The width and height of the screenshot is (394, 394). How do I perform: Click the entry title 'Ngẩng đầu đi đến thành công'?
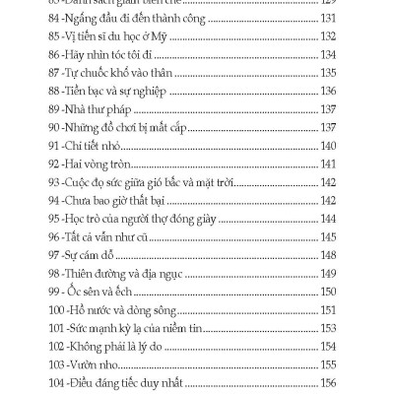pos(146,21)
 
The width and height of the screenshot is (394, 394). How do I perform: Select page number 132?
pos(328,38)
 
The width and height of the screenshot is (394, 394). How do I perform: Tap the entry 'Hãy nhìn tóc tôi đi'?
pos(124,55)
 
